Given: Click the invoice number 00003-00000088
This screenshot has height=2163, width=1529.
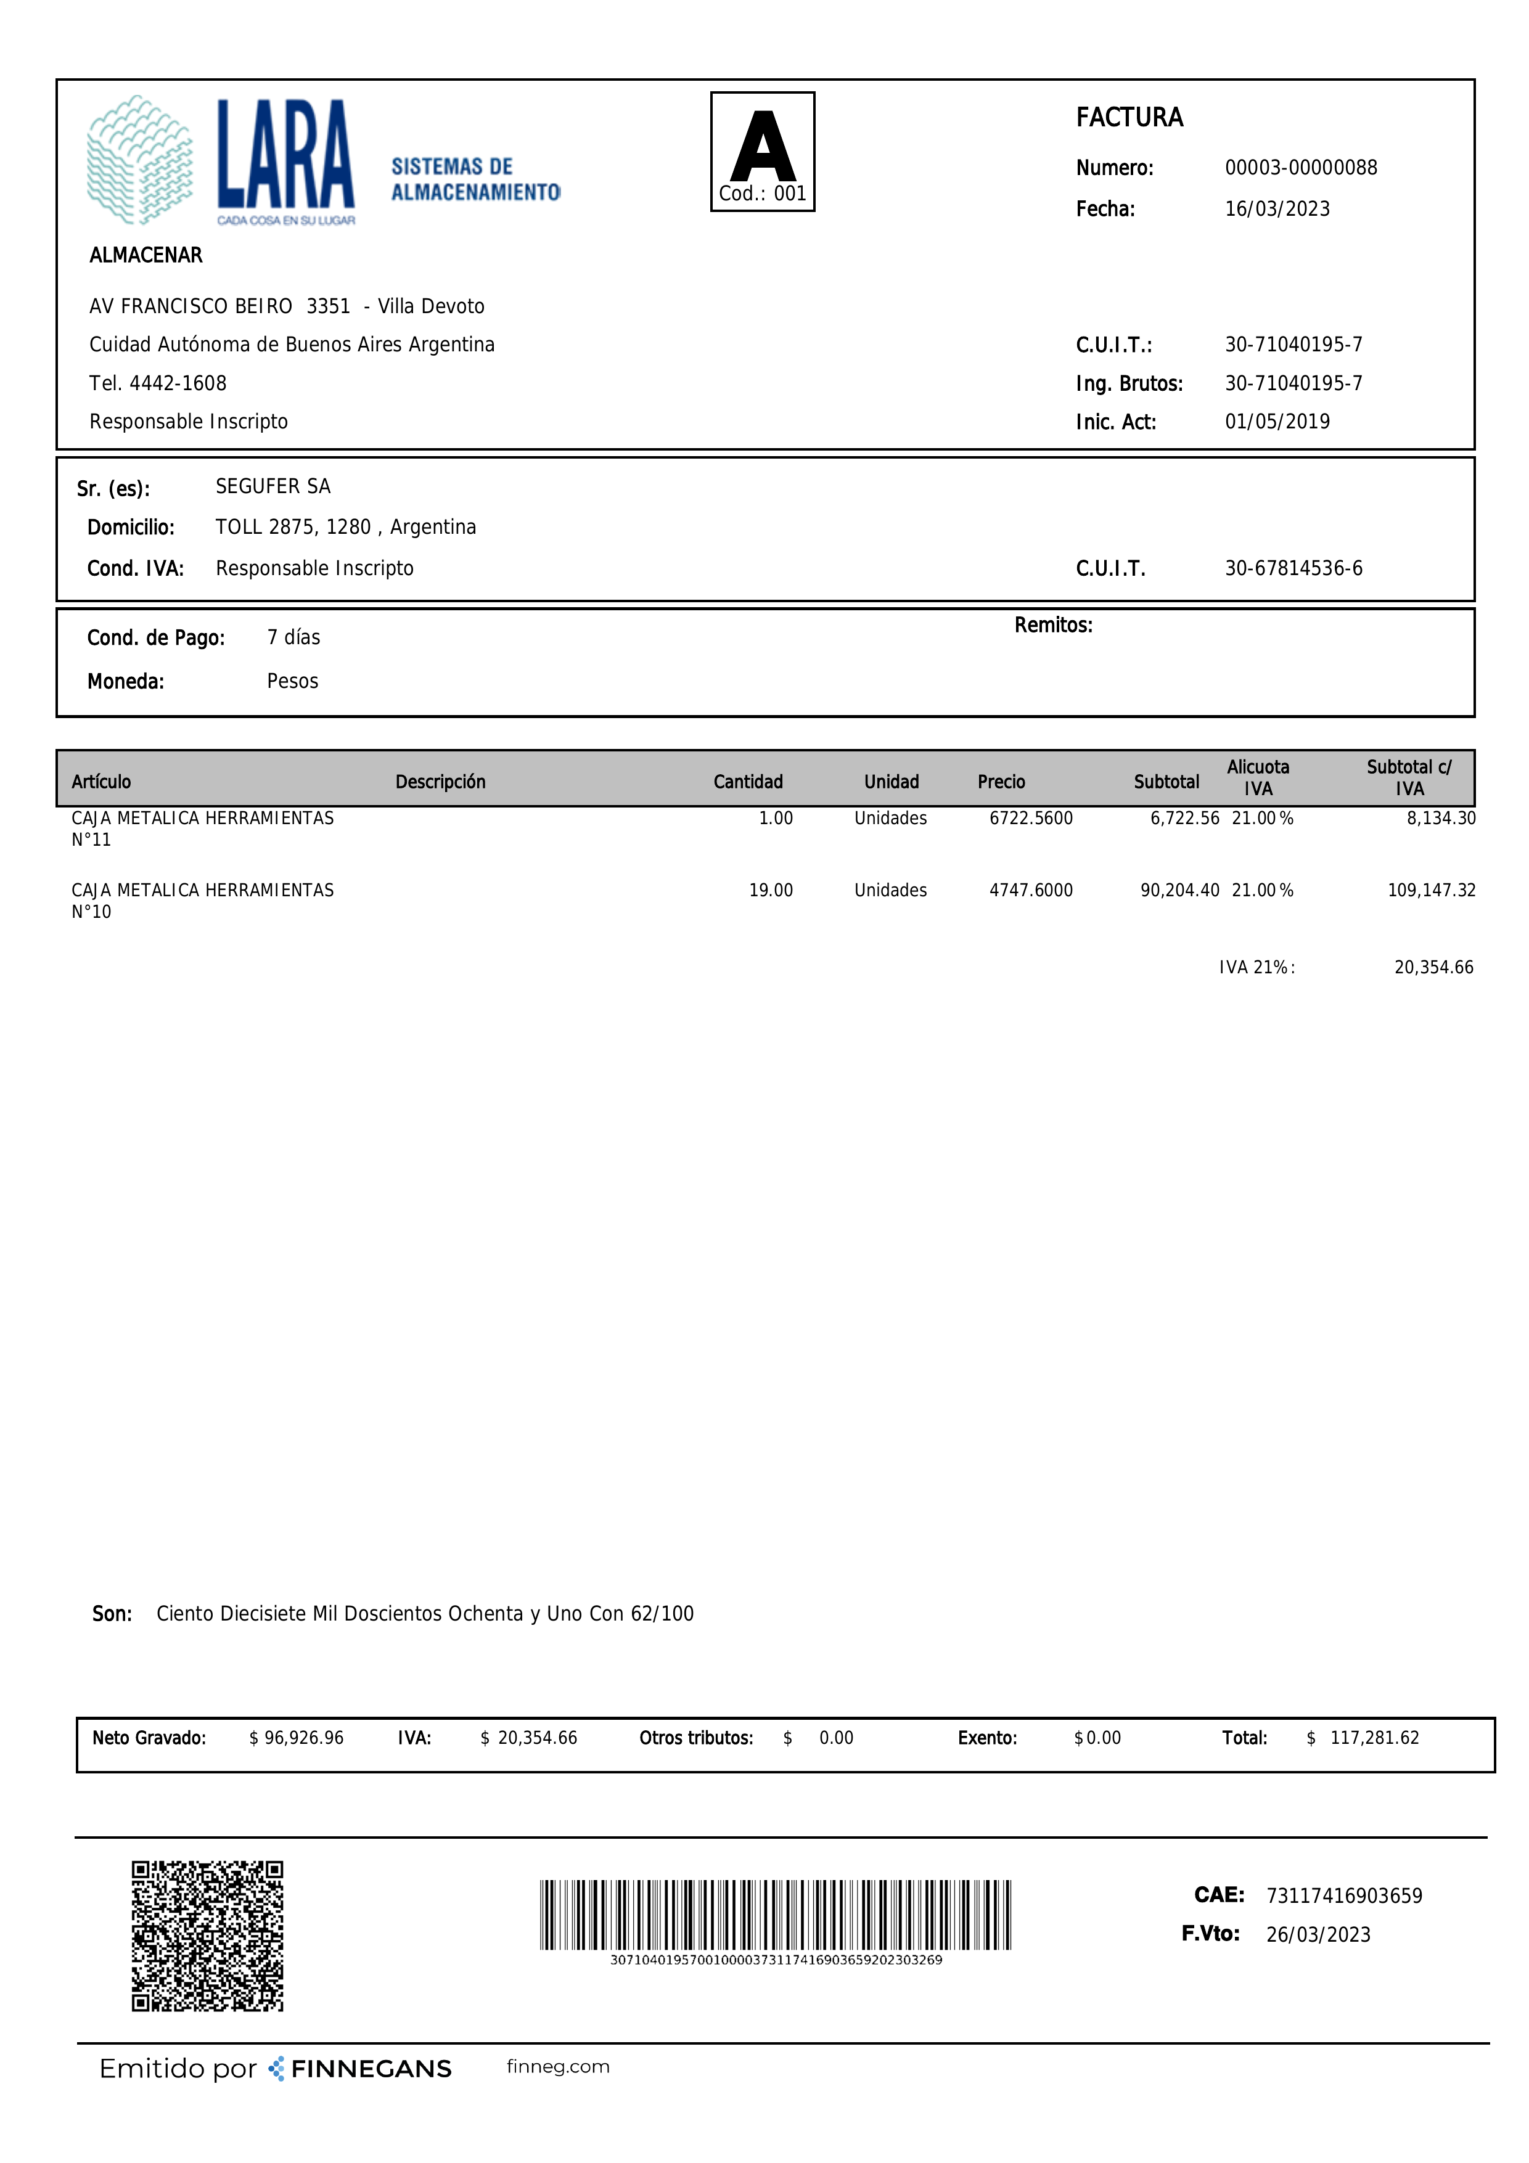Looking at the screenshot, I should (1300, 168).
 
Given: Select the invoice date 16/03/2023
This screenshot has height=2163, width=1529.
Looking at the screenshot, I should (1276, 209).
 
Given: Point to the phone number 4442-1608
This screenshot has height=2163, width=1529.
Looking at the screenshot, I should (178, 383).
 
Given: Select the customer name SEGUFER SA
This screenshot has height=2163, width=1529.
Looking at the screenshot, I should (273, 486).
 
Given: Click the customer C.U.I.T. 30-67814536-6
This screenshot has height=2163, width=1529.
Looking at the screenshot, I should (1292, 568).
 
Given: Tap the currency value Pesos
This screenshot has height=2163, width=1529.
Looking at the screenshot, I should (292, 681).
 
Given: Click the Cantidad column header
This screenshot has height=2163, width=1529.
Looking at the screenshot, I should (747, 782).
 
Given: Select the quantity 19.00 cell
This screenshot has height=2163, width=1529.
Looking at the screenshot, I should (771, 890).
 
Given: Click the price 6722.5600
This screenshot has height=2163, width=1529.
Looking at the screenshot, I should (1031, 819).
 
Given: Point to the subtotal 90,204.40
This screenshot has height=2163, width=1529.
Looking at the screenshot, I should (1179, 890).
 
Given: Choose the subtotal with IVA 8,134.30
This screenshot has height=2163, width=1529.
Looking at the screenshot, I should (1440, 819).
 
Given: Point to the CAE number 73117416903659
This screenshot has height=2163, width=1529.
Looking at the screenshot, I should (1343, 1895).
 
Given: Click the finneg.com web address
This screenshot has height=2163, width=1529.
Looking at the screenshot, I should (558, 2066).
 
